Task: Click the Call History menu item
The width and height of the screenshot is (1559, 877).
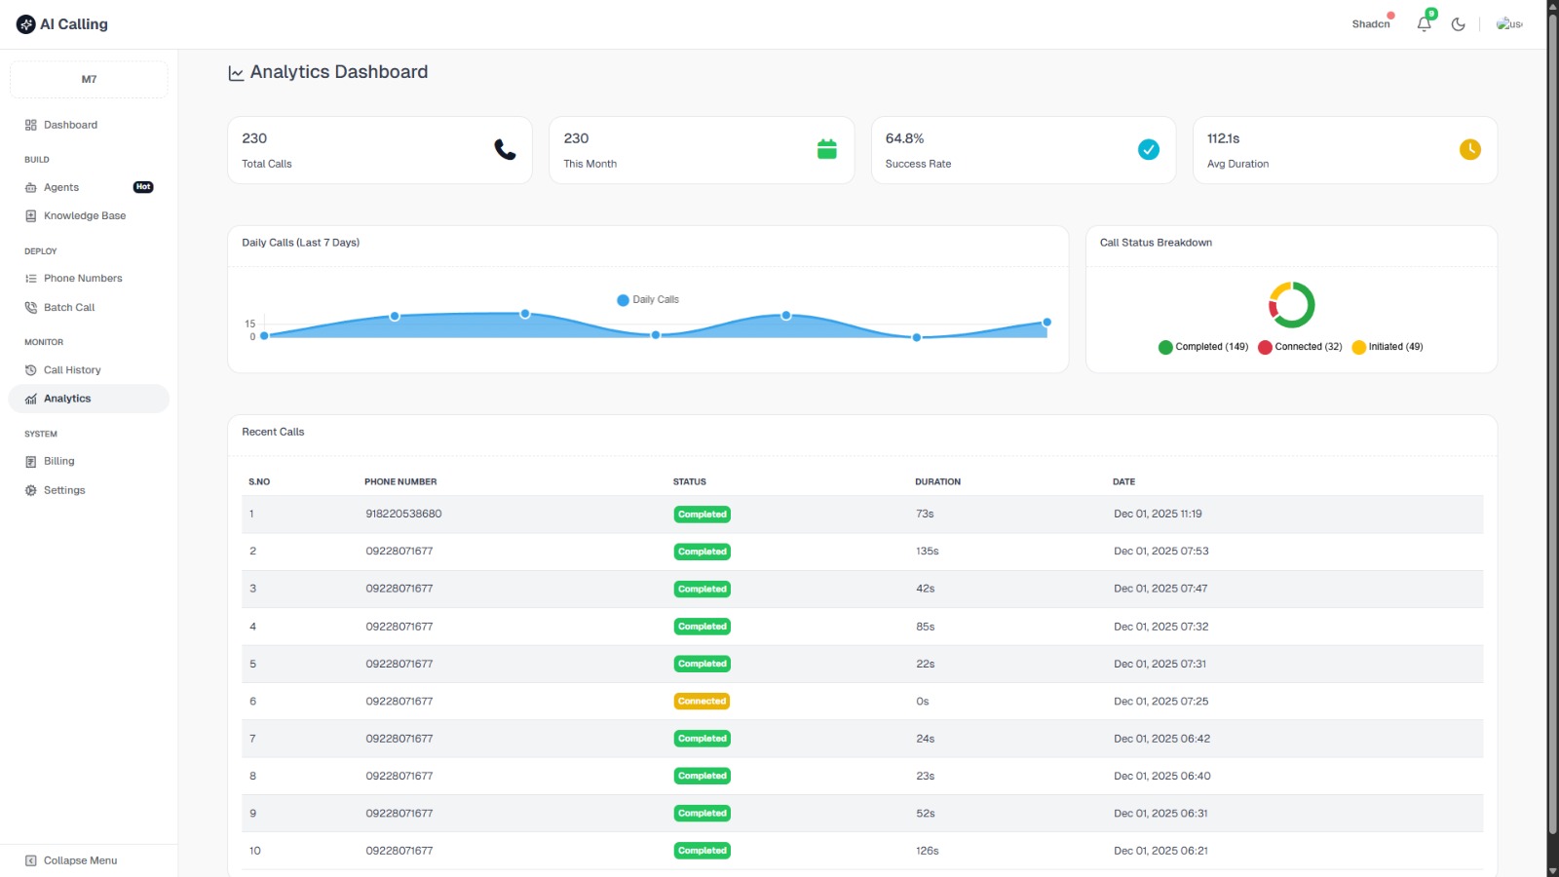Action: point(71,370)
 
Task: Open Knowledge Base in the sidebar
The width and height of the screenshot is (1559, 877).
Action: point(84,216)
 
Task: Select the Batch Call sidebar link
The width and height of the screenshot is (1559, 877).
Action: point(68,308)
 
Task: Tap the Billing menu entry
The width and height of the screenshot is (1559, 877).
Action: point(58,462)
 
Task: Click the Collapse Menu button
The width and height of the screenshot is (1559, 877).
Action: point(79,860)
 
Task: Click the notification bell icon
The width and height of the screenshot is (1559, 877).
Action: point(1424,24)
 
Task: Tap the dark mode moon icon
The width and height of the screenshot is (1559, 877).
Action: point(1458,24)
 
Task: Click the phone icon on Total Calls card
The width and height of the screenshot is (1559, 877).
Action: point(505,149)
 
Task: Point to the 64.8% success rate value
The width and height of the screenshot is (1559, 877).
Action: point(904,138)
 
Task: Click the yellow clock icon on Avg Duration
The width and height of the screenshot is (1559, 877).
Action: point(1469,149)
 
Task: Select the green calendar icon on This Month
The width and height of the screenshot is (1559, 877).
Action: point(826,149)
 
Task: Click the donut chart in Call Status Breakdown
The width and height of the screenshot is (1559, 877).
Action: point(1291,305)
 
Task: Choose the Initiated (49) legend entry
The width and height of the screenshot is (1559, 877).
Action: point(1388,347)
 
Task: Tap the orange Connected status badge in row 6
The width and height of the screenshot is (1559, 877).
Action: point(702,702)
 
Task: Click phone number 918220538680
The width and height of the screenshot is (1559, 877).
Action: point(403,514)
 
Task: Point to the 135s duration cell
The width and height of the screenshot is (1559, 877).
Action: point(927,552)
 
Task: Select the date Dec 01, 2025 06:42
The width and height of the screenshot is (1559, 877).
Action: point(1161,739)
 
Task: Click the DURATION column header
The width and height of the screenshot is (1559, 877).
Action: point(937,481)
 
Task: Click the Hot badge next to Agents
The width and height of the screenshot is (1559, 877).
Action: point(143,187)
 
